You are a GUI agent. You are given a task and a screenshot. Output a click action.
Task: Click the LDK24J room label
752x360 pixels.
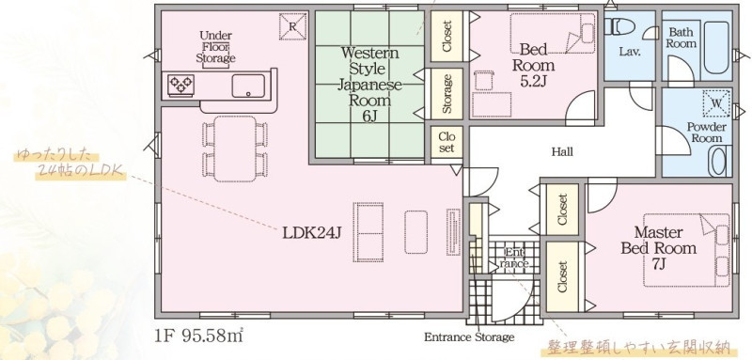[x=312, y=233]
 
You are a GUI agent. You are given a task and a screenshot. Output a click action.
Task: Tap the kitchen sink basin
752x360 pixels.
[x=248, y=86]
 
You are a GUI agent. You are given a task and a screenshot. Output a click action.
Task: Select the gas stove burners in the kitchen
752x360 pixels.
[x=180, y=86]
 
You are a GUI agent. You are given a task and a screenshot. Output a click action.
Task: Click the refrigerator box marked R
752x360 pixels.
[x=292, y=26]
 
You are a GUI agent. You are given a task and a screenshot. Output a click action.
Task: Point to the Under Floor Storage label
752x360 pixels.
[x=215, y=47]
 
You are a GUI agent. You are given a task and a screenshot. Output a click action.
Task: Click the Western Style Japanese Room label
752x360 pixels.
[x=369, y=85]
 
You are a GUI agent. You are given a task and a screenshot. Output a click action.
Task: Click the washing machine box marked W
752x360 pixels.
[x=716, y=103]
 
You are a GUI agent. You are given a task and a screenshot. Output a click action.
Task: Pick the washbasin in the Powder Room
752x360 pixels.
[x=718, y=161]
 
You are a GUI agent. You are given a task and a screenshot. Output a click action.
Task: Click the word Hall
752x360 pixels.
[x=562, y=152]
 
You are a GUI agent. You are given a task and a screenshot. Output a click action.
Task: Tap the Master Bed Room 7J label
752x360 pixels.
[x=659, y=248]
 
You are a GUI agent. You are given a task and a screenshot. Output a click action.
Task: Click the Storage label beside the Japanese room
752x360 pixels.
[x=447, y=93]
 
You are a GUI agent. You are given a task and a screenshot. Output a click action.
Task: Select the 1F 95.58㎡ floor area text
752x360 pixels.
[x=199, y=336]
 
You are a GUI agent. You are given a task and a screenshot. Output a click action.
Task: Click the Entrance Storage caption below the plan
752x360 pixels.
[x=469, y=337]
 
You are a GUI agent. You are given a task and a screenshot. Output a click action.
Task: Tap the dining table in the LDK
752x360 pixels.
[x=235, y=149]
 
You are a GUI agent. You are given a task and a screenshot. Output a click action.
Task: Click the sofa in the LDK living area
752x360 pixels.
[x=368, y=232]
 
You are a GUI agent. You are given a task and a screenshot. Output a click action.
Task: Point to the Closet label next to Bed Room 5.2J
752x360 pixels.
[x=447, y=36]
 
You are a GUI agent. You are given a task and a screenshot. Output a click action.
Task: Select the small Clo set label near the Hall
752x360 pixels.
[x=446, y=142]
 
